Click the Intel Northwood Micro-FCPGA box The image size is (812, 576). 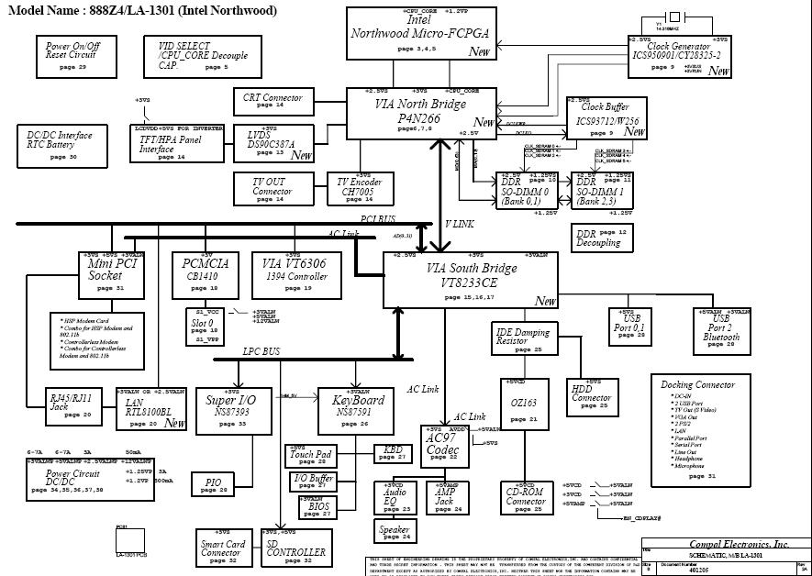click(421, 34)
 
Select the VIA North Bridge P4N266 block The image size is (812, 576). click(421, 114)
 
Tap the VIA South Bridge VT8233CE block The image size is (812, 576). click(471, 279)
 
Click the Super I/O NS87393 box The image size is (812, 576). click(233, 407)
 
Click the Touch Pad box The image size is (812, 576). click(310, 456)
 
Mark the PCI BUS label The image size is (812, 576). click(378, 218)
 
